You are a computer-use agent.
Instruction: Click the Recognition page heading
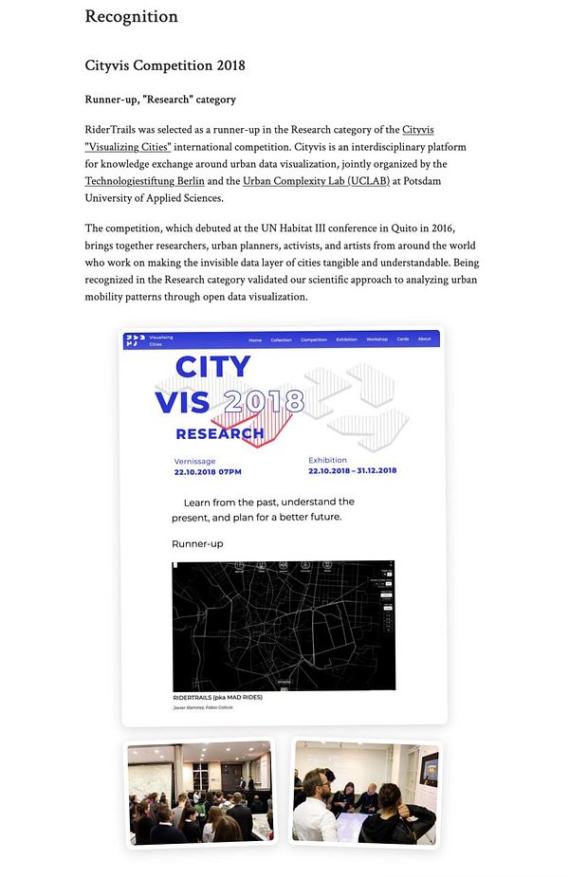click(x=131, y=16)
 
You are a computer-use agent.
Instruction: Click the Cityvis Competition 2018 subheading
click(x=165, y=65)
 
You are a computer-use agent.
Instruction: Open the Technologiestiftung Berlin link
click(x=144, y=180)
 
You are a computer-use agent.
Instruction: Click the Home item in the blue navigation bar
click(x=255, y=338)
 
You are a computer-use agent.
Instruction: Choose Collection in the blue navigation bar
click(x=281, y=338)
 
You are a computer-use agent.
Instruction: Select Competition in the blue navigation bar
click(x=314, y=338)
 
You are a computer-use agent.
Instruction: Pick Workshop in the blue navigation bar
click(x=376, y=338)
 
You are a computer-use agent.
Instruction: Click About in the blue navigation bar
click(x=425, y=338)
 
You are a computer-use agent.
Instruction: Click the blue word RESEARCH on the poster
click(x=220, y=434)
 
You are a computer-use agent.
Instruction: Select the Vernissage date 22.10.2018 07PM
click(x=208, y=471)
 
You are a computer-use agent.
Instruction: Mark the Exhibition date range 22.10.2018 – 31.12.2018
click(x=352, y=470)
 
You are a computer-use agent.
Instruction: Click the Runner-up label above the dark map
click(x=197, y=543)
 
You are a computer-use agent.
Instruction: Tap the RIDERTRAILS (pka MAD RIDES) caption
click(x=217, y=697)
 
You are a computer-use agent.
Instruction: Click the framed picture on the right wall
click(x=430, y=769)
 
